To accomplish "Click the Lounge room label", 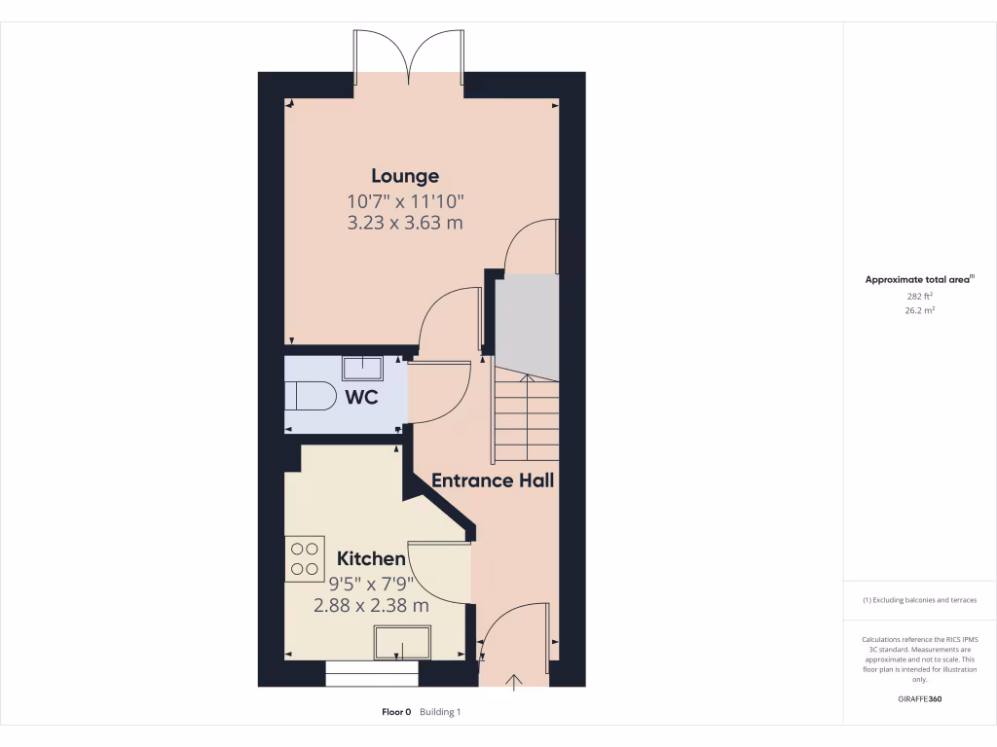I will tap(405, 176).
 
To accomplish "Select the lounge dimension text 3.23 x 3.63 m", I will tap(405, 223).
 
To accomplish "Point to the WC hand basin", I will tap(363, 366).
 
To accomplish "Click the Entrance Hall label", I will tap(493, 480).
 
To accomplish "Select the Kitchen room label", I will tap(371, 558).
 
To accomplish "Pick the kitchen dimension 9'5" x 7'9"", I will tap(371, 584).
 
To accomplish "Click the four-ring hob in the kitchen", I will tap(305, 558).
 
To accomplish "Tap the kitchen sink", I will tap(402, 642).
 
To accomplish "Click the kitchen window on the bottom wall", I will tap(371, 673).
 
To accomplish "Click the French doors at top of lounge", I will tap(410, 56).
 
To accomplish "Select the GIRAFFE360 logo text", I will tap(919, 699).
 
